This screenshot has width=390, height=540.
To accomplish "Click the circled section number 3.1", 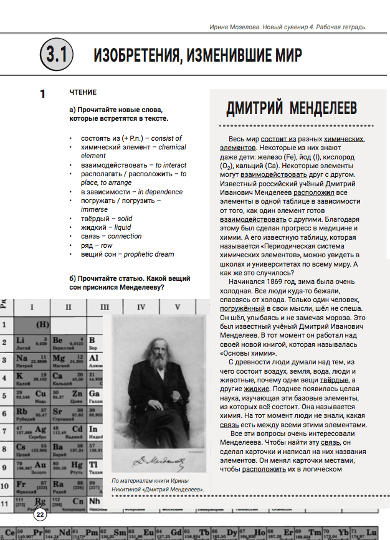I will pyautogui.click(x=56, y=55).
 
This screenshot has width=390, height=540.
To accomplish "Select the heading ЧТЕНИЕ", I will pyautogui.click(x=83, y=92).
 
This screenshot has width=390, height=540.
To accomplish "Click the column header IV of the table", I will pyautogui.click(x=141, y=306).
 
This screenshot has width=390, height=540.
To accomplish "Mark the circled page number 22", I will pyautogui.click(x=40, y=514).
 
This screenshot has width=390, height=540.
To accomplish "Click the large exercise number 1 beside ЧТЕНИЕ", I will pyautogui.click(x=42, y=94).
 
